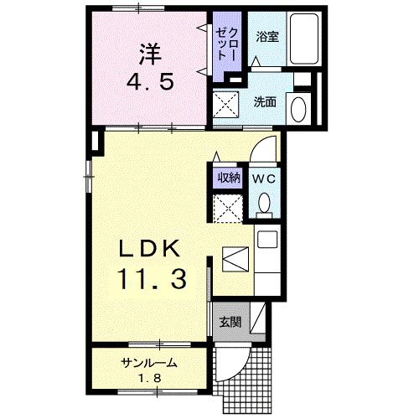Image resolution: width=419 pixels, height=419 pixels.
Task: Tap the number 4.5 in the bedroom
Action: point(150,84)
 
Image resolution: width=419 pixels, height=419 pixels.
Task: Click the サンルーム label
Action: point(147,363)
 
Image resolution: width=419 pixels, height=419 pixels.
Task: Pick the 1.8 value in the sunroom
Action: point(148,378)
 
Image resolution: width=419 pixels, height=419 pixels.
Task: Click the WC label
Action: point(264,178)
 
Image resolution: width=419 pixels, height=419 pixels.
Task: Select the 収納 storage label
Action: point(229,178)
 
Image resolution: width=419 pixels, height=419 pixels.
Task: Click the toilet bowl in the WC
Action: point(264,204)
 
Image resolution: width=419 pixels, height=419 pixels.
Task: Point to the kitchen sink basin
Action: point(267,240)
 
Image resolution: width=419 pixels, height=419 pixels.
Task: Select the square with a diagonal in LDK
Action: point(235,258)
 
